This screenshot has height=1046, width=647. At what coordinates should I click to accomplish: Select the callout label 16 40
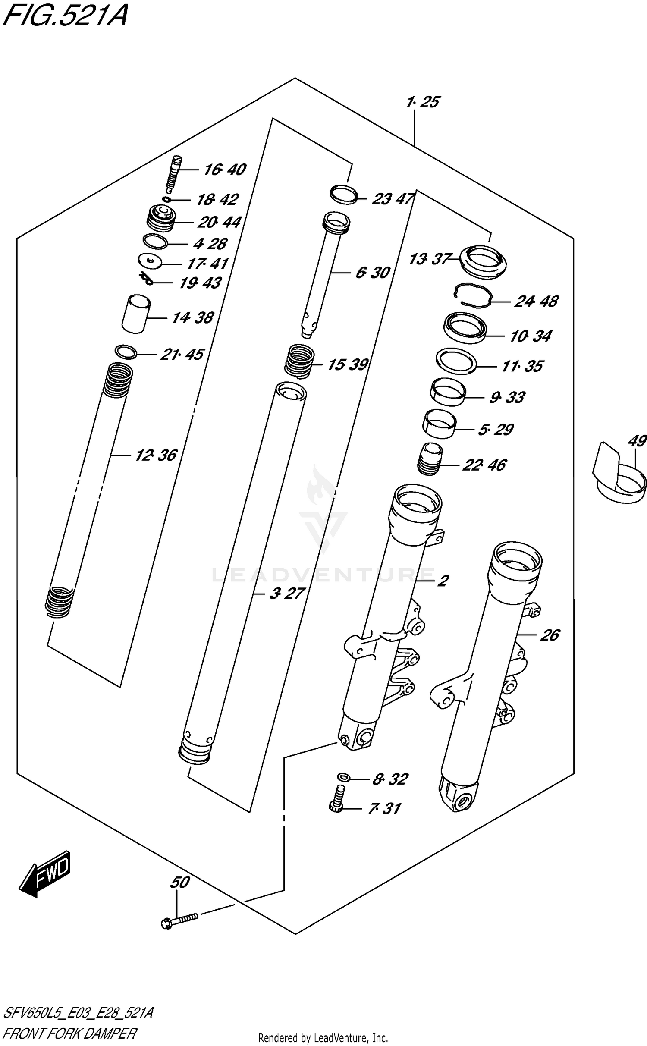pos(224,170)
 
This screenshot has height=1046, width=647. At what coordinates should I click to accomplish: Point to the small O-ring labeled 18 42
pos(166,199)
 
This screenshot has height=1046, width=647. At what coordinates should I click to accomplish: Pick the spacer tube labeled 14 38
pos(136,314)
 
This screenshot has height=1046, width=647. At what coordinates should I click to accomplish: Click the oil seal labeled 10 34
pos(465,329)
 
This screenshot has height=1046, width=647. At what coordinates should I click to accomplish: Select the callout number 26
pos(550,635)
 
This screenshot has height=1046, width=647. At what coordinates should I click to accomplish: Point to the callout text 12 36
pos(156,455)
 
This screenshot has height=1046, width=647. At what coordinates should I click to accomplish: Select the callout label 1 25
pos(422,102)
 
